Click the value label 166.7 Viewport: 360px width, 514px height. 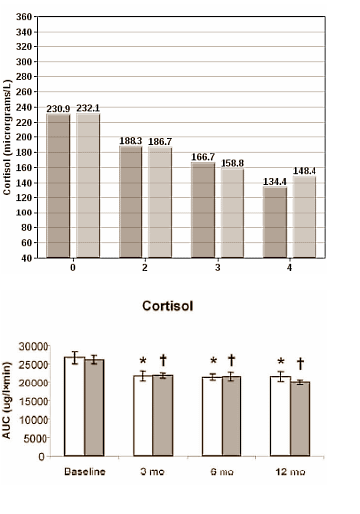pyautogui.click(x=204, y=156)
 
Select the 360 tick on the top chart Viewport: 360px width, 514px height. pyautogui.click(x=24, y=18)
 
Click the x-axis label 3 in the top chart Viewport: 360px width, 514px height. pyautogui.click(x=219, y=268)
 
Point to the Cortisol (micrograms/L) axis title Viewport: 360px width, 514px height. pyautogui.click(x=8, y=138)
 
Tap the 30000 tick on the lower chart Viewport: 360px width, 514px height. pyautogui.click(x=38, y=346)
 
